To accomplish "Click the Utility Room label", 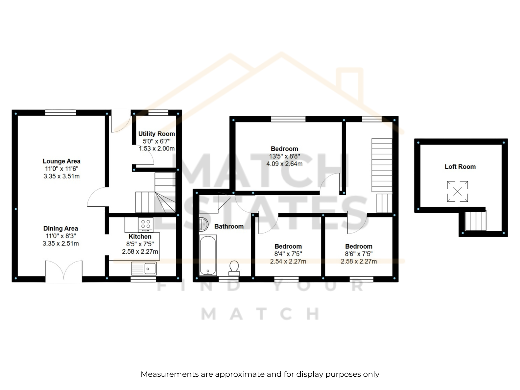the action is coord(156,134).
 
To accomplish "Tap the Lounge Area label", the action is coord(61,161).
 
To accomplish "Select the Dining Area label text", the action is coord(61,228).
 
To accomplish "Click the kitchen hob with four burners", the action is coord(146,225).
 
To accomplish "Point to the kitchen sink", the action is coord(144,269).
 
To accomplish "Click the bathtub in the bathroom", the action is coord(208,255).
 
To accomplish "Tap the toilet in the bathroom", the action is coord(234,268).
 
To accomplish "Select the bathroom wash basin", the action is coord(203,224).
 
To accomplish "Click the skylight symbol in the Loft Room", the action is coord(457,191).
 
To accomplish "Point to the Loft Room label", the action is coord(460,167).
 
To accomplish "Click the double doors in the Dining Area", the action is coord(64,271).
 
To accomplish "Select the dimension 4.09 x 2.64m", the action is coord(284,164).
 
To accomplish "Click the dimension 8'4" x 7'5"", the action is coord(288,254).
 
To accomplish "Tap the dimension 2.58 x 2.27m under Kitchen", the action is coord(140,252).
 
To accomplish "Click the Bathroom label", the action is coord(229,227).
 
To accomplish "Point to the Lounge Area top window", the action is coord(60,113).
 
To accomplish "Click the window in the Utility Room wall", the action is coord(158,113).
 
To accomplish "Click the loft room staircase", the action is coord(475,221).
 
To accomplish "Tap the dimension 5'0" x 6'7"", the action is coord(156,141).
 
